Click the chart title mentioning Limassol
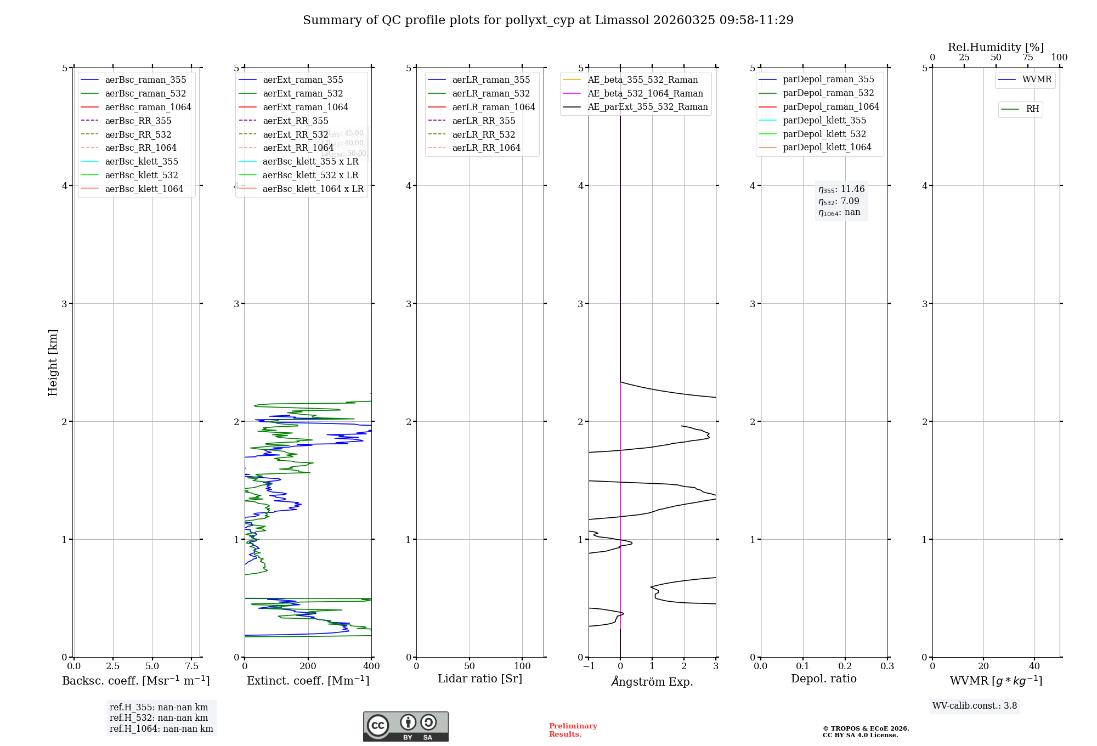[x=548, y=20]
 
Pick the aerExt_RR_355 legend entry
[x=295, y=121]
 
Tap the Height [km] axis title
[x=53, y=363]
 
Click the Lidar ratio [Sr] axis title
[x=480, y=679]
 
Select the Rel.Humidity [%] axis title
[x=996, y=47]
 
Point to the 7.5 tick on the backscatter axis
[x=191, y=666]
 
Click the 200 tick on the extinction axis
[x=308, y=666]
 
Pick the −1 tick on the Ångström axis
[x=589, y=666]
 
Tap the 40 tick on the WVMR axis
[x=1034, y=666]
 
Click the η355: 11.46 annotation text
[x=841, y=189]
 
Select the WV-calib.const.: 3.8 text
[x=975, y=706]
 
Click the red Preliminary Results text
[x=573, y=730]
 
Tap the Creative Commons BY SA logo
[x=405, y=726]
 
